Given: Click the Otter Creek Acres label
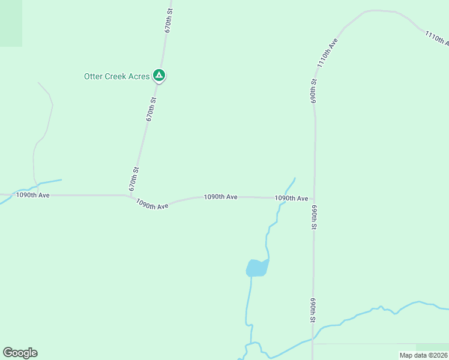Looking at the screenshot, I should [116, 76].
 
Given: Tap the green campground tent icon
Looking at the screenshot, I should [159, 76].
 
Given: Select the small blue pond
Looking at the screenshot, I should [257, 268].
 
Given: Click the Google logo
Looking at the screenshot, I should [20, 353].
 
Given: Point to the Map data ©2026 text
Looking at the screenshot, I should [423, 355].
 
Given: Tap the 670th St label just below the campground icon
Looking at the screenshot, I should [151, 110].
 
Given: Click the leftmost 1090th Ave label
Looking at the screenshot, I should [32, 195].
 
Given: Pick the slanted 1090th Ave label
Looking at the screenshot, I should [152, 205].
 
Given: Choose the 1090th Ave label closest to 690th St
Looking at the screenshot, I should [291, 198].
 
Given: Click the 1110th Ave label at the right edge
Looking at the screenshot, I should [437, 38].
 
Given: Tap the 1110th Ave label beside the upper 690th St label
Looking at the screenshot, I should [328, 53].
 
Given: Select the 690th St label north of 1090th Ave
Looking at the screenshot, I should [313, 91].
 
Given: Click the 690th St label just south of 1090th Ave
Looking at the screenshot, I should [313, 218].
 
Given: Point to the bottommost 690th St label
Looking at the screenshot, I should [313, 310].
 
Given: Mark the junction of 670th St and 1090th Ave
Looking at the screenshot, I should [130, 196].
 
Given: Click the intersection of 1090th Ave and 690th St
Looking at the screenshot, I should [314, 198].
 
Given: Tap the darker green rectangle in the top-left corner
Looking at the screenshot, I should [11, 23].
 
